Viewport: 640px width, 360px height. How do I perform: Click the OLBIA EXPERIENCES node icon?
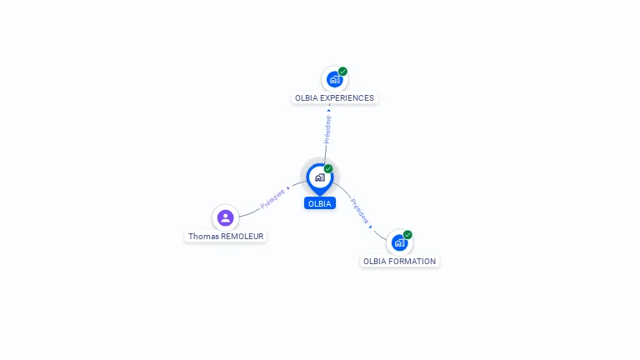(334, 79)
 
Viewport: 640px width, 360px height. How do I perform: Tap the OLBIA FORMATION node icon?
(399, 242)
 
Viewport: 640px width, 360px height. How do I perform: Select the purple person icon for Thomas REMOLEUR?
(225, 217)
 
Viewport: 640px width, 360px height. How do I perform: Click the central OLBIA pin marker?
(319, 177)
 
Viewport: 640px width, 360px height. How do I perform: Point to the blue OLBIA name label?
(319, 203)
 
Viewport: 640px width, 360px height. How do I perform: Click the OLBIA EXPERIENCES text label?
(334, 97)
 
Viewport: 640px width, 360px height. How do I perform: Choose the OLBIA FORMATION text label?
(399, 261)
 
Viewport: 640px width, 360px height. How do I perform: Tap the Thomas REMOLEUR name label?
(226, 236)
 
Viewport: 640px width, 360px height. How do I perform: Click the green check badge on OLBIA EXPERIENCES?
(342, 72)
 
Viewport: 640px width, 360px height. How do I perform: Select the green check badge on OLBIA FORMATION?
(407, 235)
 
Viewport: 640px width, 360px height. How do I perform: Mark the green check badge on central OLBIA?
(328, 169)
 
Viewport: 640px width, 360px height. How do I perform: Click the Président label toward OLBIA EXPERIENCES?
(327, 129)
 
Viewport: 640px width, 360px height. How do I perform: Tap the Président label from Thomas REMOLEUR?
(272, 197)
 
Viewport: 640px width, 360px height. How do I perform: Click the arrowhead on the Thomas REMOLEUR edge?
(288, 188)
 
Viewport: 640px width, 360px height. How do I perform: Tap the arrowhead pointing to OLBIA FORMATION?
(371, 226)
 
